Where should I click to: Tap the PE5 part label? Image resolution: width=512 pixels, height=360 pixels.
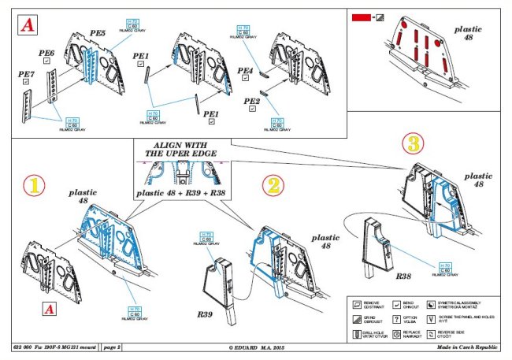click(98, 34)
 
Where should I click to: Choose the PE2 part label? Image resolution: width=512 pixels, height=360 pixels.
click(252, 102)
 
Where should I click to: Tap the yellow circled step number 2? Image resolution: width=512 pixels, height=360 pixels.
click(271, 186)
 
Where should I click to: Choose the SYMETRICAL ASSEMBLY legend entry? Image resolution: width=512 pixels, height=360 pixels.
click(462, 303)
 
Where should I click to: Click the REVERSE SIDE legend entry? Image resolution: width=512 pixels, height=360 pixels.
click(462, 334)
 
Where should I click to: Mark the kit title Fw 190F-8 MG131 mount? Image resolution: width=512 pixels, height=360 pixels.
click(52, 346)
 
